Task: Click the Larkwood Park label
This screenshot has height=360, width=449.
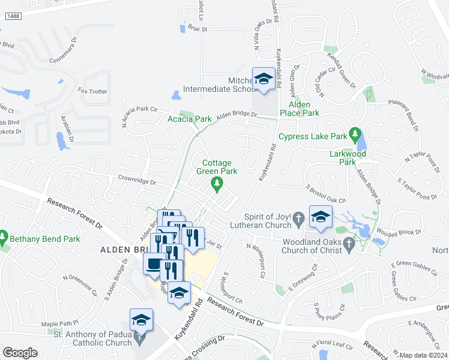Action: (352, 157)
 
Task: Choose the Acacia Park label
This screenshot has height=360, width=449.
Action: (188, 119)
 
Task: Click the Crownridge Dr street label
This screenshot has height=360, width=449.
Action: (137, 182)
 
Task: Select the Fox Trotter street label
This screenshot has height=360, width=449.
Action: (92, 91)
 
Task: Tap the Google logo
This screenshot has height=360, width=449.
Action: (20, 353)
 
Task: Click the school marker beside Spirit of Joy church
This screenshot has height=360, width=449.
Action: (321, 216)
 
